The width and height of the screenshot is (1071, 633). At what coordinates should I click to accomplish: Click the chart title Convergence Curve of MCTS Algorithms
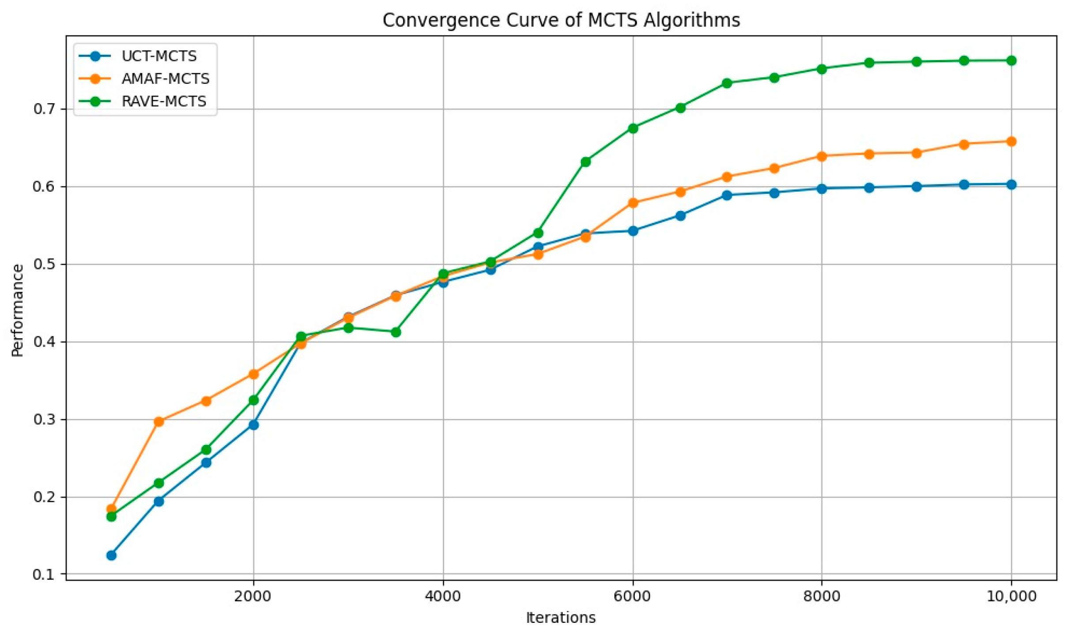[561, 20]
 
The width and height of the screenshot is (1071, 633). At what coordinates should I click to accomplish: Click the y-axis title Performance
[18, 310]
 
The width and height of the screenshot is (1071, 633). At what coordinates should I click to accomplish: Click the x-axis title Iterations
[561, 617]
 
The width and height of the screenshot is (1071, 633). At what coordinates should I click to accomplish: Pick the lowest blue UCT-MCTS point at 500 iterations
[111, 555]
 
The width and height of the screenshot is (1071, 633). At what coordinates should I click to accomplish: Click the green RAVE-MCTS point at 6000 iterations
[633, 128]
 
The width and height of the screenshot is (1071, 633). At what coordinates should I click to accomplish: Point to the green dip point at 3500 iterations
[396, 332]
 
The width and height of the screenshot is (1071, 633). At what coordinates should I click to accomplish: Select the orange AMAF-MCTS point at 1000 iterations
[159, 422]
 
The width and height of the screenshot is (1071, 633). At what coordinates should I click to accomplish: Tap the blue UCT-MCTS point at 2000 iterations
[253, 425]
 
